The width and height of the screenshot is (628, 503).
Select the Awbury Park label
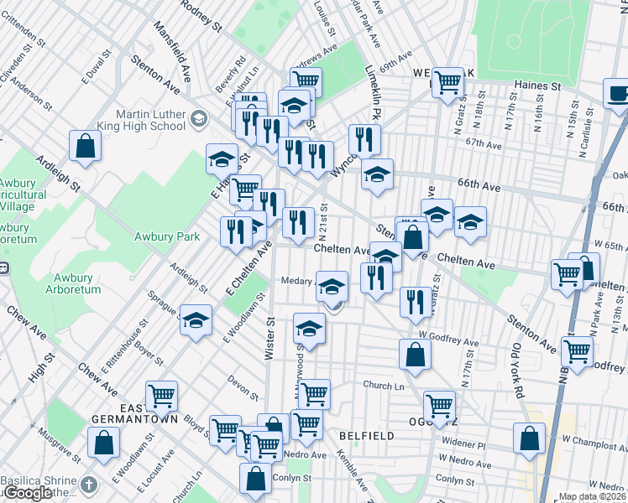click(x=167, y=236)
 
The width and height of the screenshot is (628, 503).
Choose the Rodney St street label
click(x=201, y=14)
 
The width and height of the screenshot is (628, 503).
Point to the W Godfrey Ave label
click(x=450, y=343)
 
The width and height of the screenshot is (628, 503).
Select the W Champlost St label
click(x=594, y=439)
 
